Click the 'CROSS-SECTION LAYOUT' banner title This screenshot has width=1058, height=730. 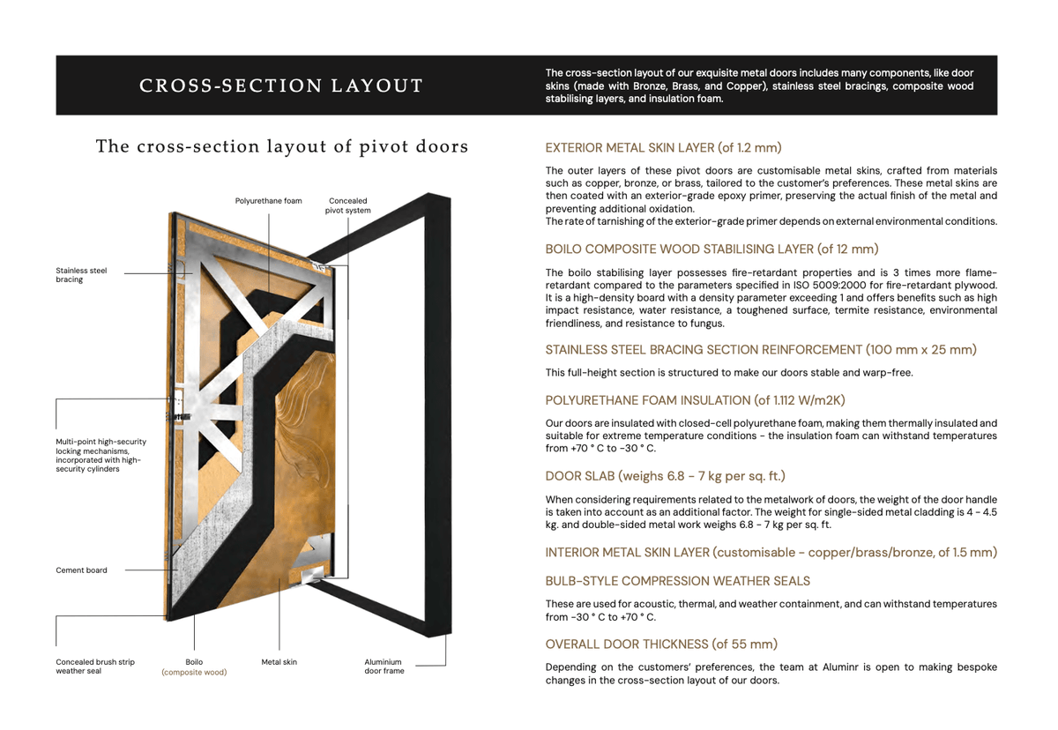pyautogui.click(x=281, y=86)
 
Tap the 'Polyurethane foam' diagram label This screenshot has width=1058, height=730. pyautogui.click(x=268, y=201)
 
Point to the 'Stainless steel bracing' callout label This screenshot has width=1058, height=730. pyautogui.click(x=81, y=275)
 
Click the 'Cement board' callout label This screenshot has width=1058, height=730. pyautogui.click(x=81, y=570)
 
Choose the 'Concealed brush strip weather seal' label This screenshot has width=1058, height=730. pyautogui.click(x=95, y=667)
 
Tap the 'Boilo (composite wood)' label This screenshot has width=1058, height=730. pyautogui.click(x=194, y=667)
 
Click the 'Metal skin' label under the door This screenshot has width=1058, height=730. pyautogui.click(x=279, y=661)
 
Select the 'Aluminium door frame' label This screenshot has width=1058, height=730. pyautogui.click(x=384, y=667)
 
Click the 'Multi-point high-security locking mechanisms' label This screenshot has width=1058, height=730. pyautogui.click(x=101, y=455)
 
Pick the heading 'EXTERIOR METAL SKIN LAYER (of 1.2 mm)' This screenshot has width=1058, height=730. pyautogui.click(x=663, y=147)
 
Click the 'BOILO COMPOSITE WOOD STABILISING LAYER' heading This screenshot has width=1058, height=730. pyautogui.click(x=712, y=250)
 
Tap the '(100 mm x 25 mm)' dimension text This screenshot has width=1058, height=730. pyautogui.click(x=920, y=350)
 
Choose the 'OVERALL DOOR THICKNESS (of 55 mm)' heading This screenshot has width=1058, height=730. pyautogui.click(x=661, y=644)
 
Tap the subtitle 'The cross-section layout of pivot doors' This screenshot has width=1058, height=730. pyautogui.click(x=281, y=146)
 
